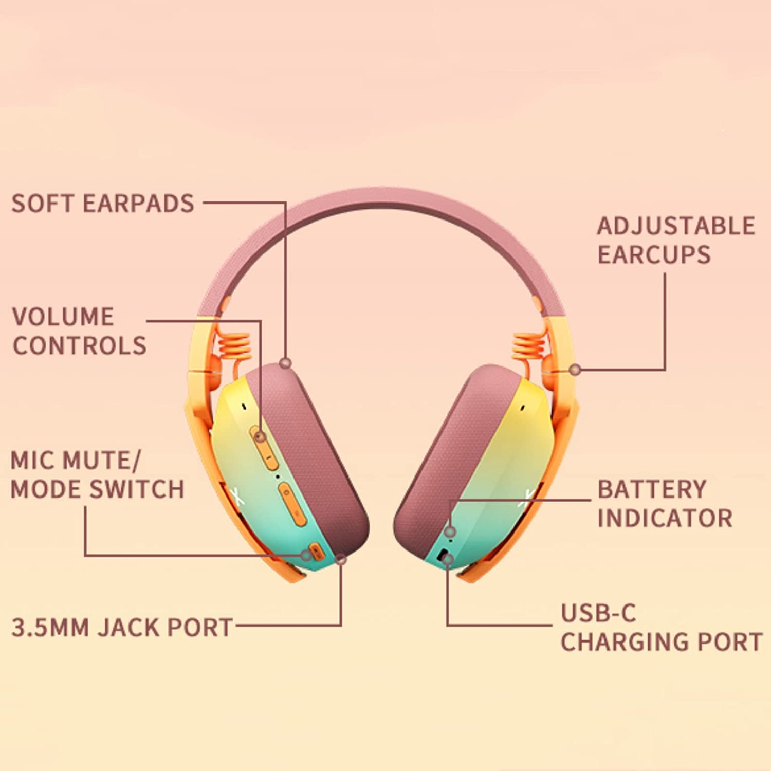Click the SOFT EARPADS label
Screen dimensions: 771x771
(103, 204)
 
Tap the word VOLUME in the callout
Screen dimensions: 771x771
(63, 317)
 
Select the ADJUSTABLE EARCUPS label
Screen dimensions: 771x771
(676, 240)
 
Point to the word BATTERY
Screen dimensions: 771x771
(652, 489)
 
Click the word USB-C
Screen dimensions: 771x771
(598, 613)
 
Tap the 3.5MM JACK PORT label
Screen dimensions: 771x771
(122, 628)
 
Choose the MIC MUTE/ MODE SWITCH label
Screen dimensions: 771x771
(97, 474)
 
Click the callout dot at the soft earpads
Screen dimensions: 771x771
(286, 363)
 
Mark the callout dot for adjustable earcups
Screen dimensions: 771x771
(576, 369)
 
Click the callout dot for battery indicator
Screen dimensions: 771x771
(450, 531)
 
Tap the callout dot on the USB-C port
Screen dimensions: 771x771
(448, 559)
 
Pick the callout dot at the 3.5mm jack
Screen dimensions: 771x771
(341, 559)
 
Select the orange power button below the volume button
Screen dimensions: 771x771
(291, 504)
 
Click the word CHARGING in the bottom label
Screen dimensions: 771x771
(625, 641)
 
